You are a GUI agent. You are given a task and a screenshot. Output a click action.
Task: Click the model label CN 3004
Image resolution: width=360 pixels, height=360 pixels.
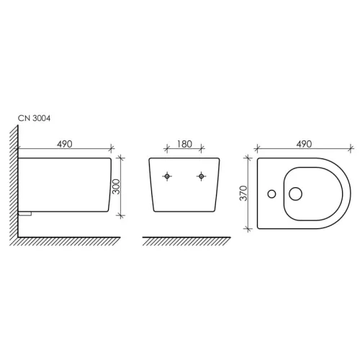tap(35, 118)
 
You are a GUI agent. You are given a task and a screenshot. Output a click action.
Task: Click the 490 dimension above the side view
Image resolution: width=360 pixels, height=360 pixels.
tap(65, 144)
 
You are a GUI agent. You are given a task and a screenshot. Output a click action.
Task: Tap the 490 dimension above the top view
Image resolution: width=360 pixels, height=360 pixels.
tap(304, 144)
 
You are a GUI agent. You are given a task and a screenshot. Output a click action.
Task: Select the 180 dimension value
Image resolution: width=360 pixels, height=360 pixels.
tap(184, 144)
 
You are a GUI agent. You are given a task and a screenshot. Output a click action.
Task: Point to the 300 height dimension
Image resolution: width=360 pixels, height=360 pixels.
tap(116, 186)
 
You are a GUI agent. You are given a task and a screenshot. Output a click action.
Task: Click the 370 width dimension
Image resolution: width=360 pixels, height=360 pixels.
tap(243, 193)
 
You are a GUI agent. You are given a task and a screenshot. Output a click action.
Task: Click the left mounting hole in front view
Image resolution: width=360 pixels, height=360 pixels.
tap(167, 176)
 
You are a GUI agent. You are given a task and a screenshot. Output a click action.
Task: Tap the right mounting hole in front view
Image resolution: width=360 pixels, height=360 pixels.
tap(202, 176)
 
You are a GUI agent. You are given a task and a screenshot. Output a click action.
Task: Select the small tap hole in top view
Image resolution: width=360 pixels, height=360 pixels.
tap(271, 194)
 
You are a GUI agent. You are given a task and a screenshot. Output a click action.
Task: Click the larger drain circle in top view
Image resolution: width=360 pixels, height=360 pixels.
tap(295, 194)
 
